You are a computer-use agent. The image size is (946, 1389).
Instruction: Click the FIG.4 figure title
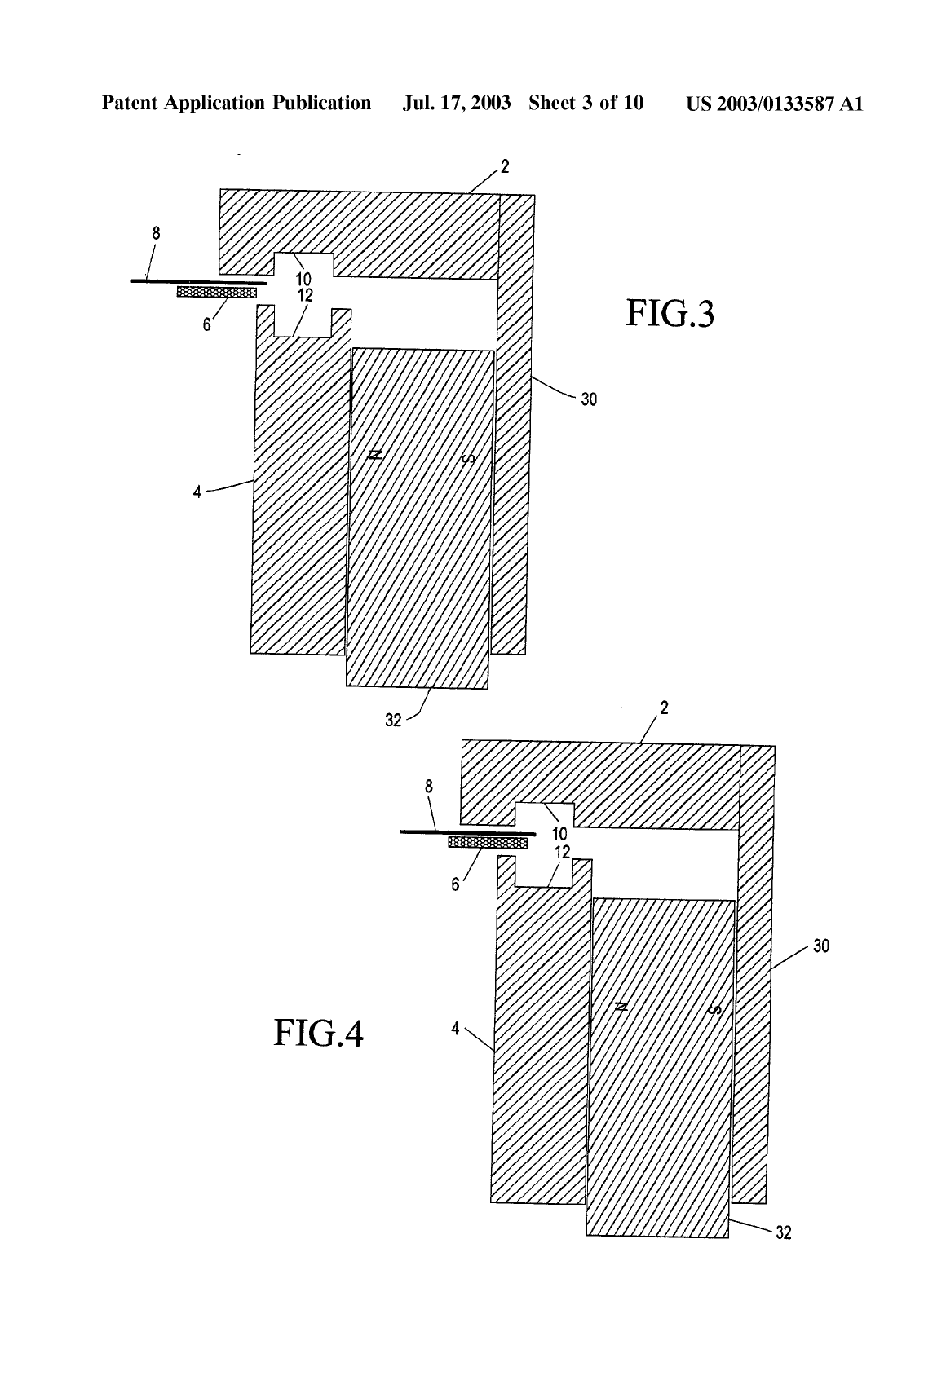click(318, 1033)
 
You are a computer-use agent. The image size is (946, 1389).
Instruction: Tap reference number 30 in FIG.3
click(589, 399)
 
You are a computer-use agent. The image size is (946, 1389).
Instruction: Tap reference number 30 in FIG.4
click(820, 946)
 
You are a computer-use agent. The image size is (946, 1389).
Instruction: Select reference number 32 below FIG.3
click(393, 720)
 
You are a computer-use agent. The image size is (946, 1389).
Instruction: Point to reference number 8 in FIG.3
click(156, 233)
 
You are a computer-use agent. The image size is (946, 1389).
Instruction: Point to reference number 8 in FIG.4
click(429, 787)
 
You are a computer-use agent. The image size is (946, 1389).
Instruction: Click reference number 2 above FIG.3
click(505, 166)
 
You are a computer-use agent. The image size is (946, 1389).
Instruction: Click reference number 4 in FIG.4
click(455, 1029)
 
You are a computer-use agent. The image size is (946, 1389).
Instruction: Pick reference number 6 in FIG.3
click(206, 324)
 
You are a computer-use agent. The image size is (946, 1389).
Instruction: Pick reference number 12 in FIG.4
click(562, 853)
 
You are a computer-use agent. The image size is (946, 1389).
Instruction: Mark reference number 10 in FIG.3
click(303, 279)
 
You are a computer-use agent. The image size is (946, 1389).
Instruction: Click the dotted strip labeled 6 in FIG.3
click(216, 292)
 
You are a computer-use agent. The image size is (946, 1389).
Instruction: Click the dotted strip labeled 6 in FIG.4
click(488, 843)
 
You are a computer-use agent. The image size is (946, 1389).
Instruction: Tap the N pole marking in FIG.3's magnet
click(374, 455)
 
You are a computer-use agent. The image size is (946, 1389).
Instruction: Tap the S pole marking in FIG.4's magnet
click(714, 1009)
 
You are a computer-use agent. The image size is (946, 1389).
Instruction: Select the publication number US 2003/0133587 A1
click(774, 104)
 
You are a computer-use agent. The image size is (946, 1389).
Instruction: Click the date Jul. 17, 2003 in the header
click(457, 104)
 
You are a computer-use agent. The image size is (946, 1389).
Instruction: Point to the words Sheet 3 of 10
click(586, 103)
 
